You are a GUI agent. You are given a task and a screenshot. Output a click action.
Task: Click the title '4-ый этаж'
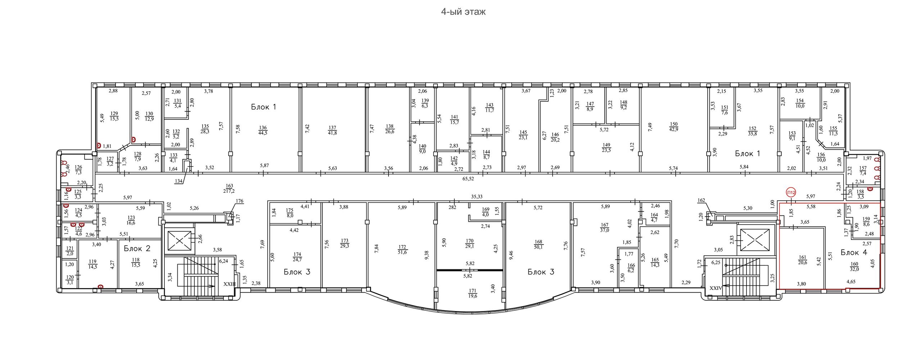pyautogui.click(x=463, y=12)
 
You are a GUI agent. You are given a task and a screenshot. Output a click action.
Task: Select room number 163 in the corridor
pyautogui.click(x=230, y=186)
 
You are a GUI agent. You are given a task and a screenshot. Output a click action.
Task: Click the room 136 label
pyautogui.click(x=263, y=128)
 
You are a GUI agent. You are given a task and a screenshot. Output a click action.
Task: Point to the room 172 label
pyautogui.click(x=402, y=247)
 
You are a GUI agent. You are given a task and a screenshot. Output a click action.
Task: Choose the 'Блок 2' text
pyautogui.click(x=137, y=248)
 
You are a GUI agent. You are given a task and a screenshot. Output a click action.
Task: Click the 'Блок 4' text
pyautogui.click(x=854, y=252)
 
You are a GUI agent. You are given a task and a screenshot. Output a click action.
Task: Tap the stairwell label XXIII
pyautogui.click(x=230, y=284)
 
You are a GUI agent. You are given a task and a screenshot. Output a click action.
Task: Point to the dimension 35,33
pyautogui.click(x=477, y=196)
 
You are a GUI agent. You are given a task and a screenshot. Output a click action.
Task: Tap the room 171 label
pyautogui.click(x=472, y=291)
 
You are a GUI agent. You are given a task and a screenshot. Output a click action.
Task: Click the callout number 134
pyautogui.click(x=178, y=181)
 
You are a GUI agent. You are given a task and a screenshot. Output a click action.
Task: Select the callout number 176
pyautogui.click(x=240, y=201)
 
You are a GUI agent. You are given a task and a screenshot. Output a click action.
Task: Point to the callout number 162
pyautogui.click(x=701, y=200)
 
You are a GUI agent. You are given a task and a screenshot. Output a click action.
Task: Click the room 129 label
pyautogui.click(x=114, y=113)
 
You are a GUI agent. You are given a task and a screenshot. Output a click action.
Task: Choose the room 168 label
pyautogui.click(x=539, y=242)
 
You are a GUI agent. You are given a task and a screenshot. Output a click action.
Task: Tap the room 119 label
pyautogui.click(x=93, y=261)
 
